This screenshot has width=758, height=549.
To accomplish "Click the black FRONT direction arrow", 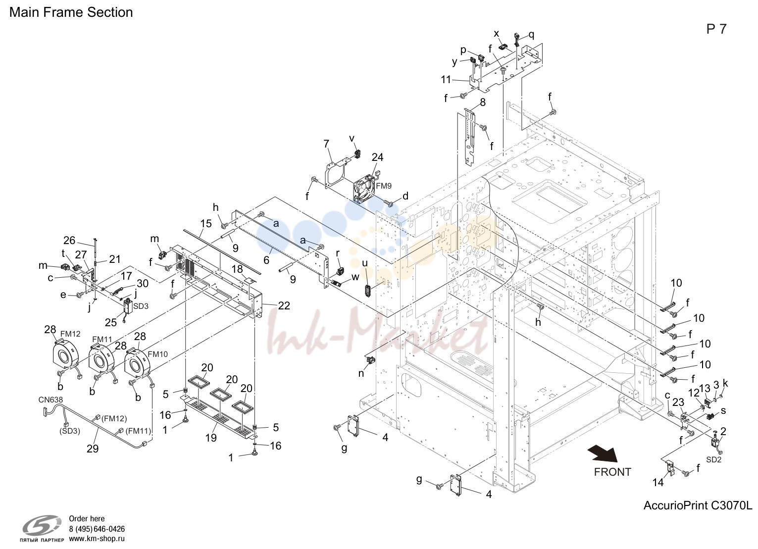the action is click(x=603, y=454).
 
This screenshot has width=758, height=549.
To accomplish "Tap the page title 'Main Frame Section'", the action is click(x=71, y=12).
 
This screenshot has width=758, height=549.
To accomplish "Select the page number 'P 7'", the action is click(x=716, y=29).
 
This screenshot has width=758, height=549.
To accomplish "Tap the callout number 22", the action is click(x=284, y=306).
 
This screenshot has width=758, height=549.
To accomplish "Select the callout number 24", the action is click(x=378, y=157).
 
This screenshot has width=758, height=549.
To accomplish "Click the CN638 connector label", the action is click(x=51, y=399).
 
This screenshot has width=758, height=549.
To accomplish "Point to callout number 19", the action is click(x=211, y=438).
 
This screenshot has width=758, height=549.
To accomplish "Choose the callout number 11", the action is click(x=446, y=80).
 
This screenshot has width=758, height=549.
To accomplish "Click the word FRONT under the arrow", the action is click(x=612, y=472).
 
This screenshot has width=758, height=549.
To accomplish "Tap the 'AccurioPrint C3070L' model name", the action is click(x=698, y=505).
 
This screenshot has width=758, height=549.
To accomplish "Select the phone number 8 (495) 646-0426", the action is click(x=97, y=529).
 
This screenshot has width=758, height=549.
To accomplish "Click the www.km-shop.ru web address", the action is click(x=97, y=539).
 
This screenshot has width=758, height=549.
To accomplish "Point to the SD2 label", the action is click(x=713, y=460).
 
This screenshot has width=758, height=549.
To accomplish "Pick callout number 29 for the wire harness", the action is click(x=93, y=449).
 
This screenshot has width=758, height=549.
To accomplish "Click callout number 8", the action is click(x=483, y=102).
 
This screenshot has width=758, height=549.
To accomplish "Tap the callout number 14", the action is click(x=658, y=483).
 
